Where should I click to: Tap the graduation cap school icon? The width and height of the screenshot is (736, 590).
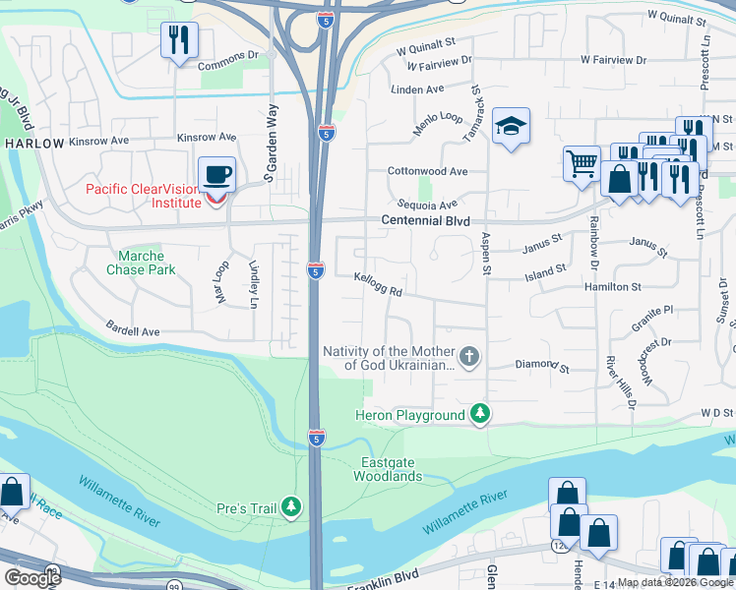(512, 127)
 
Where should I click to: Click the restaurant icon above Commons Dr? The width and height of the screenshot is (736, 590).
(179, 40)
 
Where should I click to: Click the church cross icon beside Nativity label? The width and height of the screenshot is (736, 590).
(469, 356)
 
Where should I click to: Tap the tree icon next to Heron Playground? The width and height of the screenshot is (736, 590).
(479, 415)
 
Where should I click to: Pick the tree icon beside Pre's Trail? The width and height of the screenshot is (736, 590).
(290, 507)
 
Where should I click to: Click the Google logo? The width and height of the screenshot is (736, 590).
(32, 578)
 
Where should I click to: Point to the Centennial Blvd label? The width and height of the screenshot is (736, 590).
(425, 221)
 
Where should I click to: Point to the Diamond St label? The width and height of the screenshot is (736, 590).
(543, 366)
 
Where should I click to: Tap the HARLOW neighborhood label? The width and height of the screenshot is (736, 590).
(33, 144)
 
